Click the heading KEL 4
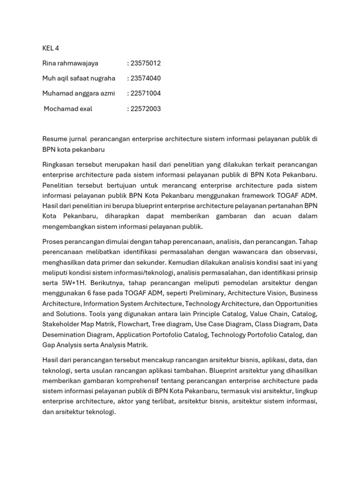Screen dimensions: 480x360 coord(51,48)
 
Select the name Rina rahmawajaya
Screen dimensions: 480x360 coord(70,63)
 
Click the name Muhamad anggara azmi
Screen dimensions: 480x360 coord(78,93)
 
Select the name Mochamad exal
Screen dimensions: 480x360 coord(68,109)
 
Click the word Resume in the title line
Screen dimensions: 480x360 coord(55,139)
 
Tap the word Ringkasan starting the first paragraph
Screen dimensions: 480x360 coord(59,165)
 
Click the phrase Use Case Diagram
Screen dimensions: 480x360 coord(226,324)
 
